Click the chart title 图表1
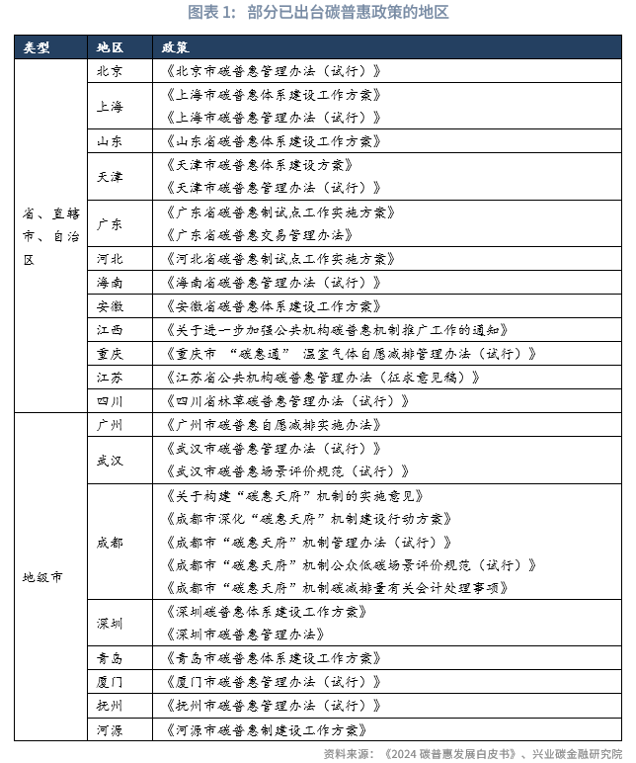pyautogui.click(x=318, y=13)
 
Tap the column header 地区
pyautogui.click(x=110, y=47)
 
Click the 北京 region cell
pyautogui.click(x=110, y=71)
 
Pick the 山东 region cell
pyautogui.click(x=110, y=141)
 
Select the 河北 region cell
pyautogui.click(x=110, y=259)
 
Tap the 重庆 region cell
pyautogui.click(x=110, y=353)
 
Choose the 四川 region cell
pyautogui.click(x=110, y=400)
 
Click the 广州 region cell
pyautogui.click(x=110, y=424)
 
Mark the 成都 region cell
pyautogui.click(x=110, y=543)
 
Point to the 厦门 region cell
pyautogui.click(x=110, y=682)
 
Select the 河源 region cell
pyautogui.click(x=110, y=729)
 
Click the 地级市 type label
pyautogui.click(x=42, y=576)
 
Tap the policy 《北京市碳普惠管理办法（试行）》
pyautogui.click(x=268, y=71)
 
